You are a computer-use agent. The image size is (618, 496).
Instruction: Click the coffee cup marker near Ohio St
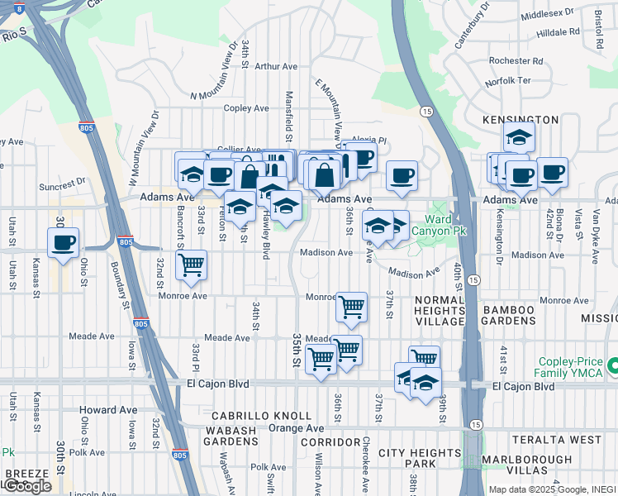coord(64,243)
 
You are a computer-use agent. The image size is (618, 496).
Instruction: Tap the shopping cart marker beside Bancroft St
coord(192,265)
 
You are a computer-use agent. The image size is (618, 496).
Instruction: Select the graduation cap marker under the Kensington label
coord(520,136)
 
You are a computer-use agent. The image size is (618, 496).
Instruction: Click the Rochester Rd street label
coord(516,60)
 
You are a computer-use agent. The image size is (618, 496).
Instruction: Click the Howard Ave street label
coord(108,410)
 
